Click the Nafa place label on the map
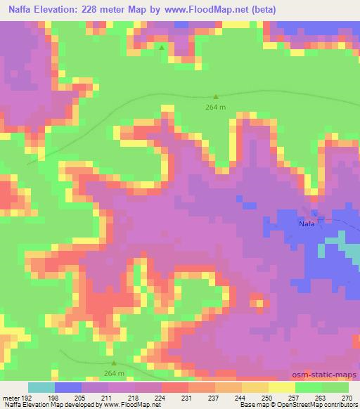pyautogui.click(x=307, y=223)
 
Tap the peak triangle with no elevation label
pyautogui.click(x=162, y=48)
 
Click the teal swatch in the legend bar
pyautogui.click(x=41, y=387)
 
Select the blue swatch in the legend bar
pyautogui.click(x=68, y=387)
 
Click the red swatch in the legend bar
pyautogui.click(x=175, y=387)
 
